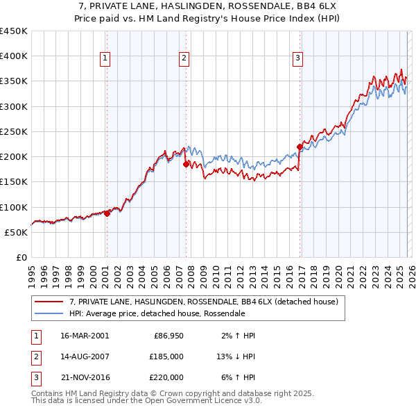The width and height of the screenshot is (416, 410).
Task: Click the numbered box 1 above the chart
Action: pos(105,59)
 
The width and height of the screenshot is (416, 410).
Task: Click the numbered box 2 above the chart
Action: pos(184,59)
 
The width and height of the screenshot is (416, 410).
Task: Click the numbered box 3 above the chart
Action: pos(297,59)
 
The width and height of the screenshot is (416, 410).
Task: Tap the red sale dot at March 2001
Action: pos(107,214)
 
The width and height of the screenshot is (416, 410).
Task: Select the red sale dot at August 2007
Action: pos(186,165)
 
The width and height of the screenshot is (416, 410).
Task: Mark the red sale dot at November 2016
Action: pos(300,147)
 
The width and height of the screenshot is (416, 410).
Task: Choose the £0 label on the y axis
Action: pos(21,257)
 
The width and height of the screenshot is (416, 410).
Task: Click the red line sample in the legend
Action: pos(49,302)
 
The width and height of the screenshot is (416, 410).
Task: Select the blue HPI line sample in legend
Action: pos(49,313)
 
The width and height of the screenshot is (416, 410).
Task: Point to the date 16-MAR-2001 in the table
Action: pos(85,336)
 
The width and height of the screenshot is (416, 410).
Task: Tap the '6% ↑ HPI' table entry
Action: pos(237,377)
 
